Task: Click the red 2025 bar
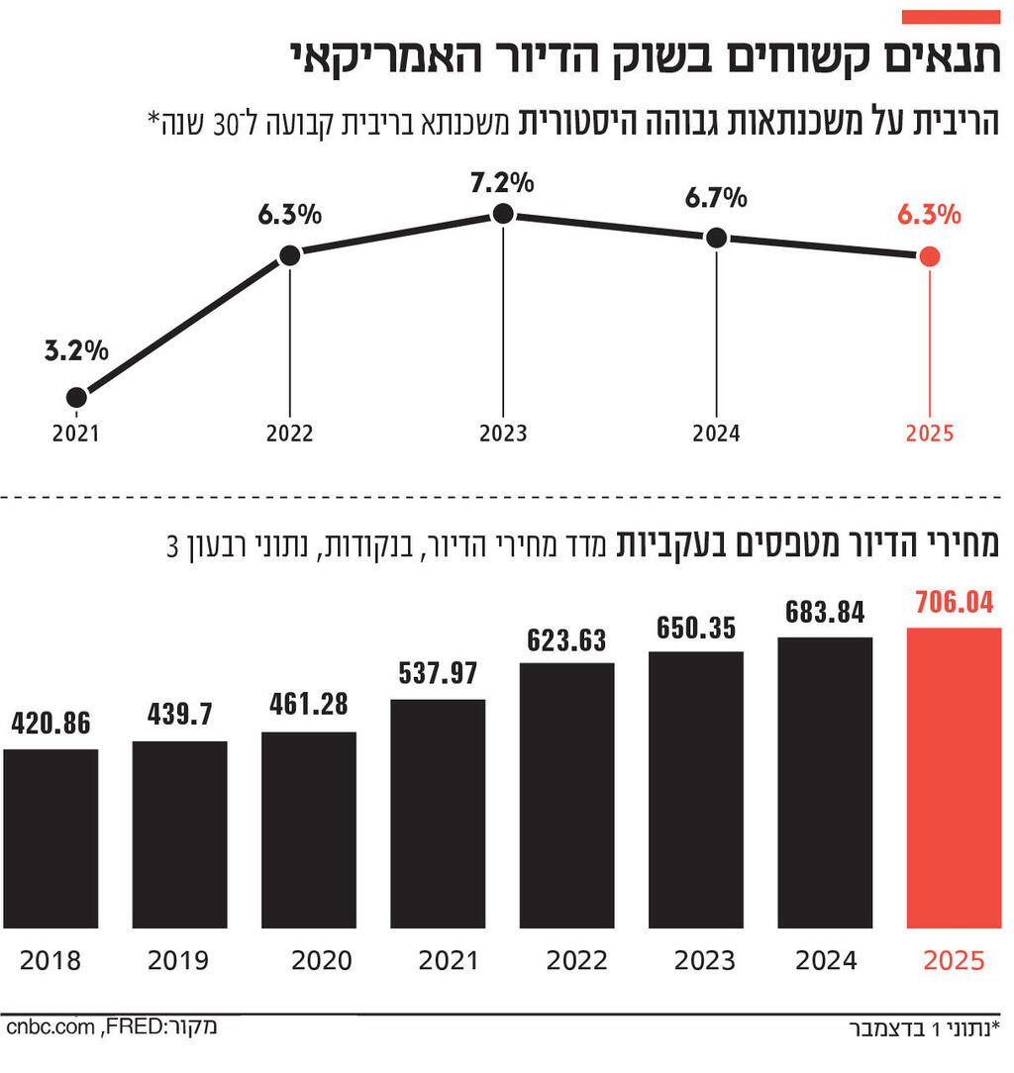(x=954, y=777)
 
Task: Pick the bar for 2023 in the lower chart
(x=696, y=789)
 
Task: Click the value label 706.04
(x=954, y=603)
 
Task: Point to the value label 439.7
(x=179, y=715)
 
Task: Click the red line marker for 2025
(x=929, y=256)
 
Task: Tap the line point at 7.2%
(x=503, y=213)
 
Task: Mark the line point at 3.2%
(x=76, y=397)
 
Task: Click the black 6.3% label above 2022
(x=288, y=214)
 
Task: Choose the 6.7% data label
(x=715, y=198)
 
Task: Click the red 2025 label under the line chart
(x=929, y=434)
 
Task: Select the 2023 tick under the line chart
(x=503, y=434)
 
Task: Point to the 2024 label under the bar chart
(x=826, y=961)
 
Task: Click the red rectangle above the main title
(x=951, y=17)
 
